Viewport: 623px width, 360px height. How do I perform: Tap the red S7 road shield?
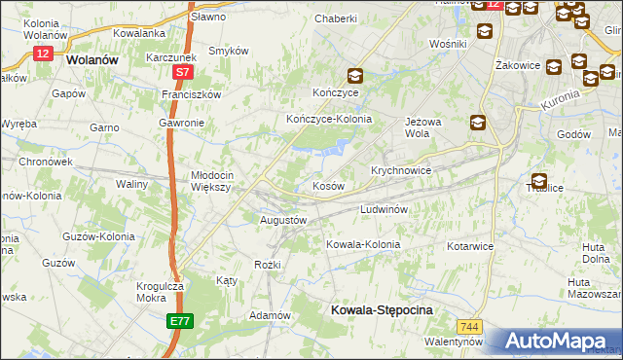click(183, 73)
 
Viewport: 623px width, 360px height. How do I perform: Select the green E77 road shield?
click(178, 320)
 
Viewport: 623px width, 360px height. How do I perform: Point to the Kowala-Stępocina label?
click(381, 308)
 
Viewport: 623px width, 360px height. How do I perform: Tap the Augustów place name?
click(283, 220)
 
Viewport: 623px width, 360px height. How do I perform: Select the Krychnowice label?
click(400, 169)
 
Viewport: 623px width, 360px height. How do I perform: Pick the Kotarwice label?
click(470, 246)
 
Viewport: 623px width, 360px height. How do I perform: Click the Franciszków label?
click(192, 94)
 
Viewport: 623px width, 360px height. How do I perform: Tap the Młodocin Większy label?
click(207, 181)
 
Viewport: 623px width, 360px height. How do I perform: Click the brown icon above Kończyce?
click(356, 75)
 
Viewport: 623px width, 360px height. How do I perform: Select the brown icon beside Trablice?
click(538, 180)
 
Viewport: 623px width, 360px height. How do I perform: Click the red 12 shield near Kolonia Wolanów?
click(42, 54)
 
